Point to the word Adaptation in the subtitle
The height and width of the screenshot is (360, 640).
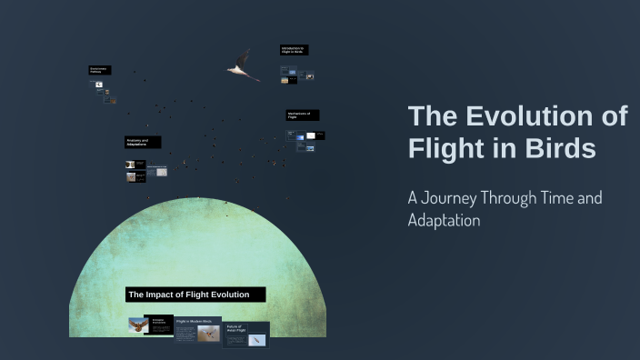click(444, 220)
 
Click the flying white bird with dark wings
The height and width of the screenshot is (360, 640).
click(242, 65)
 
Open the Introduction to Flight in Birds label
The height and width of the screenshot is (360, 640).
click(293, 50)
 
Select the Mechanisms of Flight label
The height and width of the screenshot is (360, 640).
click(301, 115)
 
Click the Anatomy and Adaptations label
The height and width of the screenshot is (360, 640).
click(142, 143)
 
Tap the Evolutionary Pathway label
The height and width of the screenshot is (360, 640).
click(99, 70)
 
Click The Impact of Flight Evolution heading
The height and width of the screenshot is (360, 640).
click(195, 295)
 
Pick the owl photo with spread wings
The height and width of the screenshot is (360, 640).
click(137, 325)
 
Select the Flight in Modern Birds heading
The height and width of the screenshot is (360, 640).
click(194, 321)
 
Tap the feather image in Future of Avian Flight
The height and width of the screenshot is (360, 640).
click(257, 340)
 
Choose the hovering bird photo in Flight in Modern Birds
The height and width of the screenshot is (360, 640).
click(208, 334)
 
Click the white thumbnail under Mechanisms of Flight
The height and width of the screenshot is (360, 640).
click(311, 135)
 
